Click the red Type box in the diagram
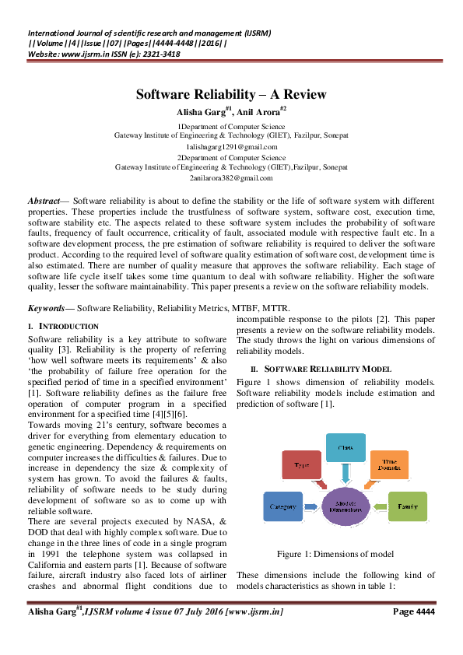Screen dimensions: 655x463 click(300, 465)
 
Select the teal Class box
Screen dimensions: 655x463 click(345, 450)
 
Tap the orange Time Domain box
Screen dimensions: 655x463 click(388, 465)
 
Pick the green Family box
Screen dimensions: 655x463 click(407, 506)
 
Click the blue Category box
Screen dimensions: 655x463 click(283, 506)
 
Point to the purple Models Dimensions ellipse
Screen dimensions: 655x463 click(345, 507)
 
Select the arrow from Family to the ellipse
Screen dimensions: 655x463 click(381, 506)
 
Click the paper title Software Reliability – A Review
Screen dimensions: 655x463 click(231, 95)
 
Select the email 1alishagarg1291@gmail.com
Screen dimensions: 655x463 click(231, 146)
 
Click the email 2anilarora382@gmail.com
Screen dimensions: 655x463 click(231, 178)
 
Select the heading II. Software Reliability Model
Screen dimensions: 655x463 click(316, 367)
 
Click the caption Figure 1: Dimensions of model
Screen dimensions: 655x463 click(334, 554)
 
